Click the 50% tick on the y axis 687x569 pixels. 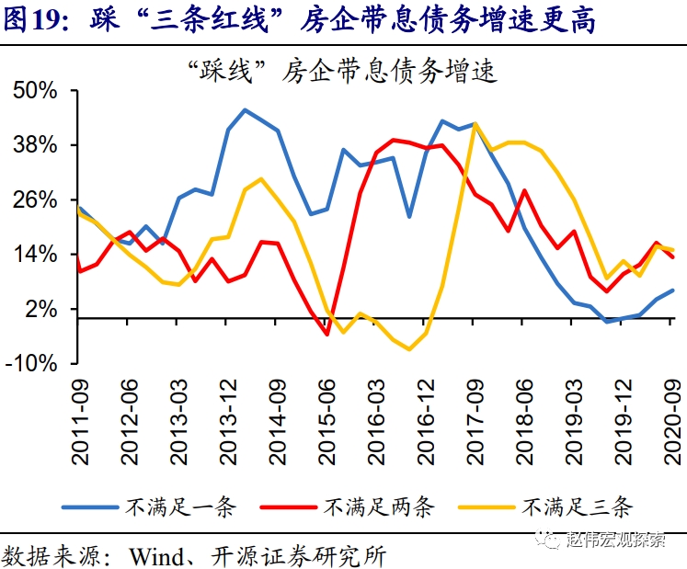pos(36,91)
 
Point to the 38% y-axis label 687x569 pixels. pos(36,145)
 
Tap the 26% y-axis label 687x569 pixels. pos(36,200)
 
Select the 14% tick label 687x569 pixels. pos(36,255)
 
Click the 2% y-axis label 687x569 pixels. pos(42,309)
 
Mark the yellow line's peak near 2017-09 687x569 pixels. pos(475,122)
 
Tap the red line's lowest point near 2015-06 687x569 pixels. pos(326,334)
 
